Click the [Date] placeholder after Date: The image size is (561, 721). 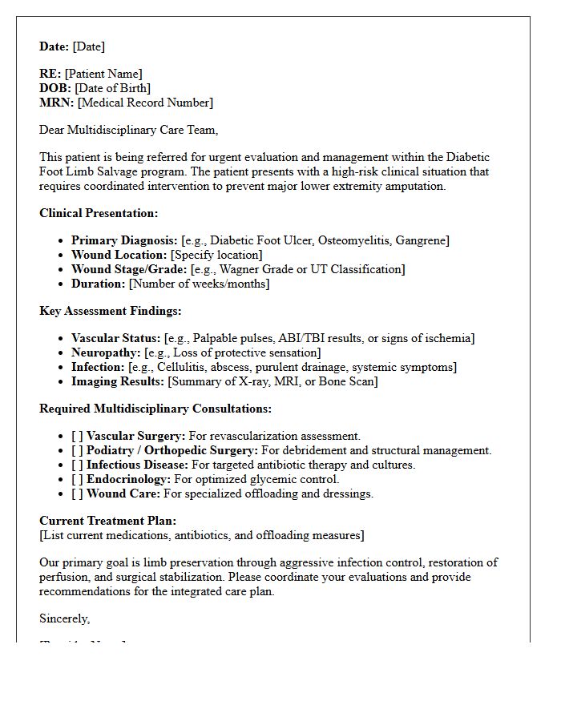point(89,46)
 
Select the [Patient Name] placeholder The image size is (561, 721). point(103,74)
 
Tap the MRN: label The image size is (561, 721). point(56,103)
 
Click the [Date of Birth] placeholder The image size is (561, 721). point(112,88)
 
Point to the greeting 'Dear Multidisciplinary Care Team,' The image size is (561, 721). point(128,130)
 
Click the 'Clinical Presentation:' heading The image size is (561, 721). point(99,213)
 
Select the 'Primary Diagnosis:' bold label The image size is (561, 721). point(124,240)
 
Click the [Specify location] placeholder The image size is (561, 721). point(216,255)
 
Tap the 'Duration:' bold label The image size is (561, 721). point(98,284)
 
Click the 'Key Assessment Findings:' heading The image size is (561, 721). point(111,311)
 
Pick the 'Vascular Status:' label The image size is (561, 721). point(116,338)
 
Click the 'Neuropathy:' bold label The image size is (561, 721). point(106,352)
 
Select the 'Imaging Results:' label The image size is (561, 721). point(117,381)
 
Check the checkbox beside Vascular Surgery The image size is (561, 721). point(77,436)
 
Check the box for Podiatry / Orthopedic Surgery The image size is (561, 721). point(77,450)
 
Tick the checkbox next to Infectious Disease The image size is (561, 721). point(77,465)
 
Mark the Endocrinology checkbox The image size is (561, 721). point(77,479)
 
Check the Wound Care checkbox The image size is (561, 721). point(77,493)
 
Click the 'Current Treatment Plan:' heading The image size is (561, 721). point(108,521)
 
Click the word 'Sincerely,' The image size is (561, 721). point(65,618)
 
